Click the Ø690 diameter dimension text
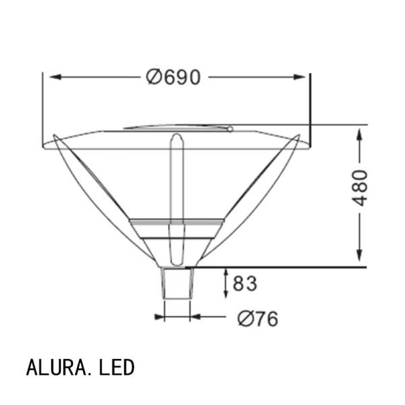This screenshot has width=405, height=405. click(x=173, y=77)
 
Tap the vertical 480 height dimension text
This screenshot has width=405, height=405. click(x=360, y=188)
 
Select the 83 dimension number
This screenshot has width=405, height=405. click(x=245, y=283)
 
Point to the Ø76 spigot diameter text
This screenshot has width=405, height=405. click(x=258, y=319)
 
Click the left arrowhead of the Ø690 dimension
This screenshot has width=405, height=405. click(x=55, y=77)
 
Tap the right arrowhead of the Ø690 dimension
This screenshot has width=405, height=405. click(x=300, y=77)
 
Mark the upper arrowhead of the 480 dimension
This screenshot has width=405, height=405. click(x=360, y=134)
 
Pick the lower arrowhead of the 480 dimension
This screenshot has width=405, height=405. click(x=360, y=255)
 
